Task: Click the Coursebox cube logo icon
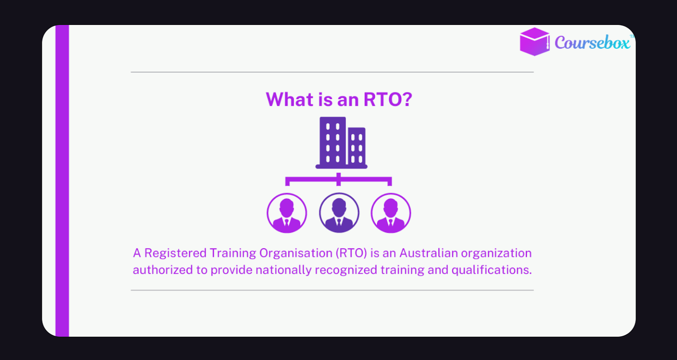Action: click(x=534, y=42)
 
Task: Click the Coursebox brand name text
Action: click(x=592, y=43)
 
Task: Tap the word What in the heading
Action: click(x=289, y=100)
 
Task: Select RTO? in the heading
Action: click(x=388, y=100)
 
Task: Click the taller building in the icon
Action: click(x=333, y=142)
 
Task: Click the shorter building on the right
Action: click(x=357, y=146)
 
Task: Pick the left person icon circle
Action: click(x=287, y=213)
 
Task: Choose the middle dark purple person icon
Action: click(x=339, y=213)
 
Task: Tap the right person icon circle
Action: click(x=391, y=213)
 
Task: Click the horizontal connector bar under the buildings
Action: click(x=338, y=179)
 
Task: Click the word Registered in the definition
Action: click(x=175, y=253)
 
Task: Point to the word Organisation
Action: click(x=296, y=253)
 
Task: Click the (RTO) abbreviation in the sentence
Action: click(x=351, y=253)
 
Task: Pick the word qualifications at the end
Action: click(x=491, y=270)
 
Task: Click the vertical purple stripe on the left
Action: click(x=62, y=181)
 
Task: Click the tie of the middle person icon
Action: click(x=339, y=223)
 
